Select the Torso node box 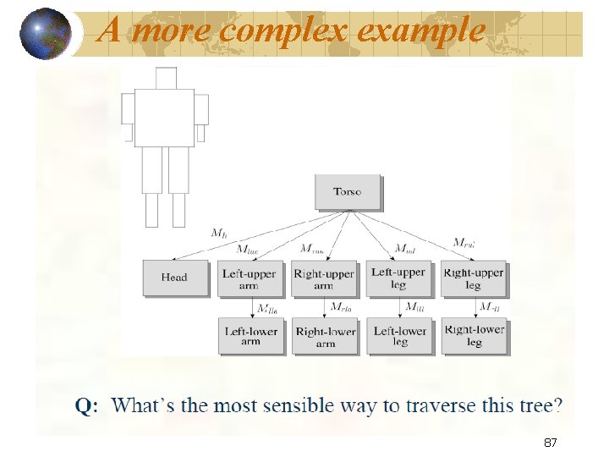pos(348,192)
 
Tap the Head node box pos(174,278)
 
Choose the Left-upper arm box pos(250,278)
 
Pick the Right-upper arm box pos(324,278)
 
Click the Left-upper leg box pos(398,278)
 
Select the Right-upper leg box pos(473,278)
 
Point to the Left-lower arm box pos(250,335)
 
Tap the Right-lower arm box pos(326,336)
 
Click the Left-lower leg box pos(400,335)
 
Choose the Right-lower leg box pos(474,335)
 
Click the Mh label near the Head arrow pos(218,232)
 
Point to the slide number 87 pos(550,443)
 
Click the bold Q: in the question pos(86,407)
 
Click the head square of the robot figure pos(166,78)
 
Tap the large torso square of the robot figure pos(164,118)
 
